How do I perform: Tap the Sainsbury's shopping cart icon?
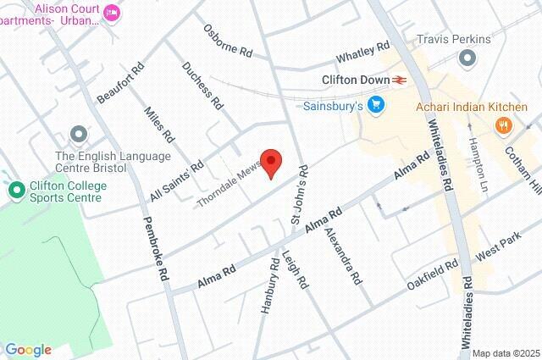pyautogui.click(x=376, y=106)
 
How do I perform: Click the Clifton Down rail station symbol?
pyautogui.click(x=400, y=80)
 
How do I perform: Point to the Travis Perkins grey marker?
pyautogui.click(x=467, y=58)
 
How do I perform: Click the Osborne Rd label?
pyautogui.click(x=227, y=40)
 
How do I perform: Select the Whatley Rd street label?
pyautogui.click(x=362, y=53)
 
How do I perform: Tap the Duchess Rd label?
pyautogui.click(x=202, y=86)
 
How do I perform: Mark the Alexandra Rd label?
pyautogui.click(x=345, y=255)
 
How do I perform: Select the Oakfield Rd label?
pyautogui.click(x=432, y=272)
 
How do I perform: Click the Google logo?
pyautogui.click(x=28, y=350)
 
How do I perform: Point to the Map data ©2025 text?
pyautogui.click(x=505, y=353)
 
